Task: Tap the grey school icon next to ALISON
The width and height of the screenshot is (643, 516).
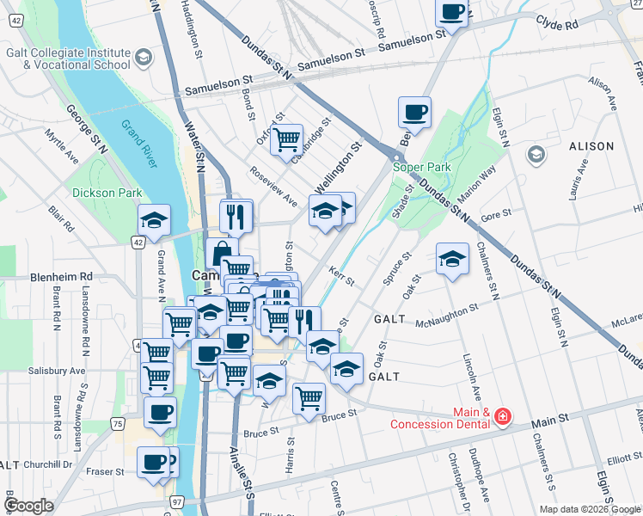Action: (x=536, y=154)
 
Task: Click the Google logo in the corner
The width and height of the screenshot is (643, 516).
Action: (x=28, y=506)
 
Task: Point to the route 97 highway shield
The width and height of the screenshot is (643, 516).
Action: (x=177, y=501)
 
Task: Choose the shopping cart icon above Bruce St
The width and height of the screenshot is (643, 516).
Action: (x=309, y=397)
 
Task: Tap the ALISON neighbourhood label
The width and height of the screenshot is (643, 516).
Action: (x=591, y=147)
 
